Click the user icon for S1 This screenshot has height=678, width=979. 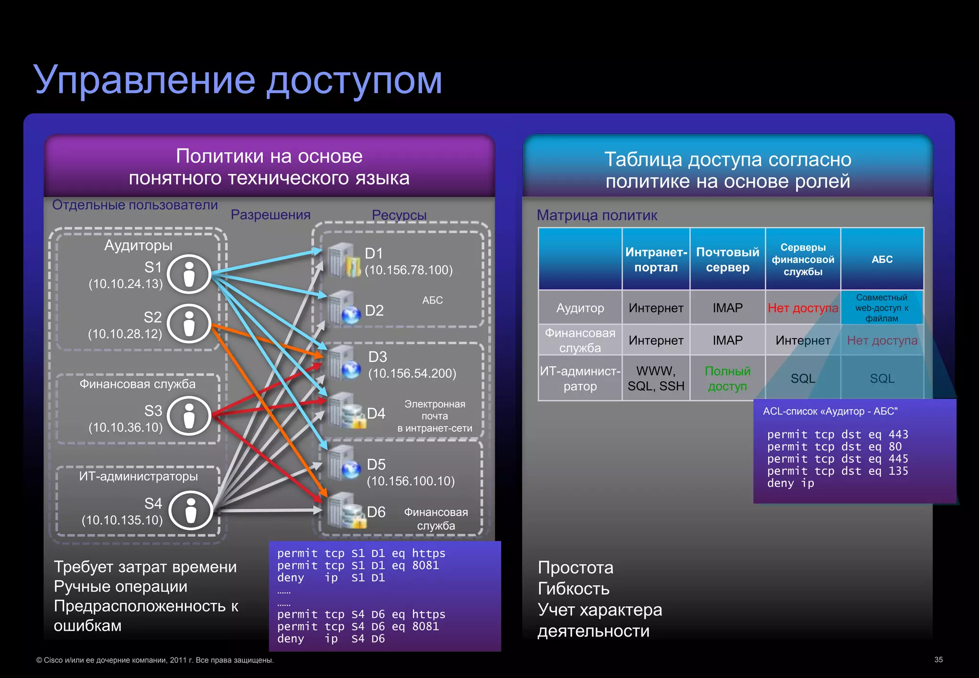point(189,274)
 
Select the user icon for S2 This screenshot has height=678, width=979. point(189,324)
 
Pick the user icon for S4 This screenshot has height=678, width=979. point(191,510)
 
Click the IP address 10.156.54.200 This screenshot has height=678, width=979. point(412,373)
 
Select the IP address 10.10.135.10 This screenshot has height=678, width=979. point(122,520)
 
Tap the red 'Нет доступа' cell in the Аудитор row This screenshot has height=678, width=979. point(803,308)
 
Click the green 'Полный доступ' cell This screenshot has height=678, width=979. point(728,378)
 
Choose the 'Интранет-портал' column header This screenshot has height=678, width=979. point(656,260)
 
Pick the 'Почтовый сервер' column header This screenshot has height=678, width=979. point(728,260)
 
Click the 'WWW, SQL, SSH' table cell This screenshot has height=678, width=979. point(656,378)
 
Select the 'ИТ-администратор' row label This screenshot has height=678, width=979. point(580,378)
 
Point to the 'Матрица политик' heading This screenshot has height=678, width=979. point(597,215)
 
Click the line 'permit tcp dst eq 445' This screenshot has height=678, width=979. point(838,459)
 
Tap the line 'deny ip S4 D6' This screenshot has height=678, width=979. point(331,639)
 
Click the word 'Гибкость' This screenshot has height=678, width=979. point(574,589)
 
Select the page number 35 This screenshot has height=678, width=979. point(938,660)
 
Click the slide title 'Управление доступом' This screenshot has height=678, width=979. point(238,80)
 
